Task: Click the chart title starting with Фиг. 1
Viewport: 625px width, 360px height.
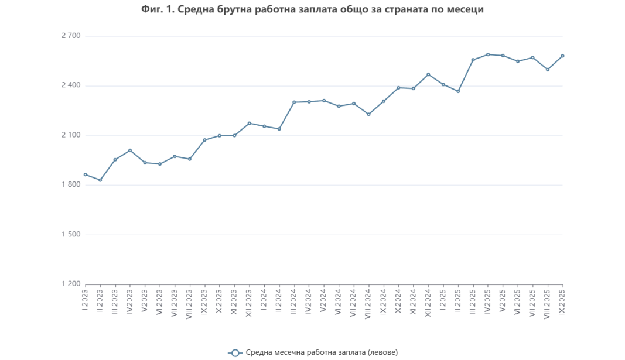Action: coord(312,10)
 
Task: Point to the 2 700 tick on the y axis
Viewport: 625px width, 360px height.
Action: coord(70,36)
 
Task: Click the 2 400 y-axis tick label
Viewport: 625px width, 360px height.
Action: coord(70,86)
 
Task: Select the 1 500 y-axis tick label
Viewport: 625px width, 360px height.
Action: coord(70,235)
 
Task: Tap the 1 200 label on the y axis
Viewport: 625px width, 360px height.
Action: coord(70,284)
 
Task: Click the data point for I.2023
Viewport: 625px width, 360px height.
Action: coord(86,174)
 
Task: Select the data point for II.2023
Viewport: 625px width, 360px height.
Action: coord(100,180)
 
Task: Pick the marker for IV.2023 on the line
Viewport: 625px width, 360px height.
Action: coord(130,150)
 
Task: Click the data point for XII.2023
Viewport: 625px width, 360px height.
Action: coord(250,124)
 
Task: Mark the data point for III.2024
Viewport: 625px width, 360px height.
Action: coord(294,102)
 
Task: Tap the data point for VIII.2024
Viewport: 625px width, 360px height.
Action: coord(368,114)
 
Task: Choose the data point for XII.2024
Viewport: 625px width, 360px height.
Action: coord(428,74)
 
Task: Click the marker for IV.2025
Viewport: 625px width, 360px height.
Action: coord(488,54)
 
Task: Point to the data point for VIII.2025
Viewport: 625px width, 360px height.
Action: coord(548,70)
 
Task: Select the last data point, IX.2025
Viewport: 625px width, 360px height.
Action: coord(562,56)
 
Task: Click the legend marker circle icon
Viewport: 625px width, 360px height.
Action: coord(235,352)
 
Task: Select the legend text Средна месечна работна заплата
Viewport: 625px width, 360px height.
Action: coord(322,352)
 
